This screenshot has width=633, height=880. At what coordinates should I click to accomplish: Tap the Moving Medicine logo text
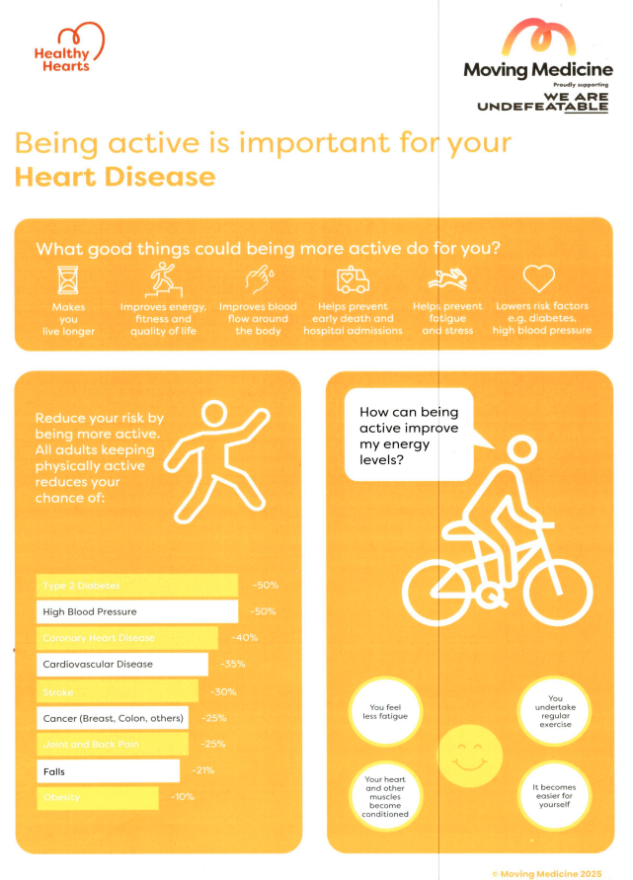[537, 69]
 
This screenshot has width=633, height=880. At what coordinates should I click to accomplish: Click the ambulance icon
[353, 281]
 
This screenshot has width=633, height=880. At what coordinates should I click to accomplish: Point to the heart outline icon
[539, 280]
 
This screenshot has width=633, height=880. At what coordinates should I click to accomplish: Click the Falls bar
[108, 770]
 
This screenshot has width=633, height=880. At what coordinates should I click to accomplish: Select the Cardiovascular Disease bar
[121, 665]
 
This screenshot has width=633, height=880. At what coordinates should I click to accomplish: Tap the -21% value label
[202, 770]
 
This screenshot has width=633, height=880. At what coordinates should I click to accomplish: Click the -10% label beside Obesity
[183, 796]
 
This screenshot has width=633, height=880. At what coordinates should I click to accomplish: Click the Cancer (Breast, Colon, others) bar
[114, 717]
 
